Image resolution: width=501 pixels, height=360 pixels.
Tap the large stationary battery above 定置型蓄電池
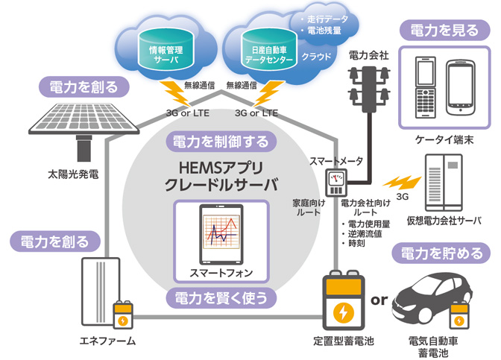coord(344,305)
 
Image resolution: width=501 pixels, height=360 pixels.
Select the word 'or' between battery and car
coord(379,300)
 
